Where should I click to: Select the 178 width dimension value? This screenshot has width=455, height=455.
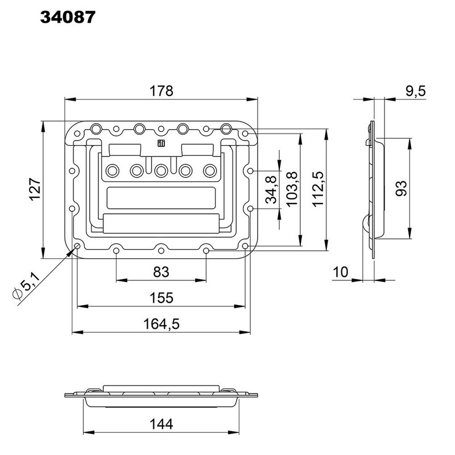click(162, 90)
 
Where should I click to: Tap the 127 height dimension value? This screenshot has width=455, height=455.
click(35, 189)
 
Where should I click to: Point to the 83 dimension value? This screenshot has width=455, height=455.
click(162, 272)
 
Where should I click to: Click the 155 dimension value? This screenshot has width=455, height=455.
click(162, 298)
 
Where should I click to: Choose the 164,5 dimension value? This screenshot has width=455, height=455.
click(162, 324)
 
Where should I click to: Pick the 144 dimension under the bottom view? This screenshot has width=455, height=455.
click(162, 424)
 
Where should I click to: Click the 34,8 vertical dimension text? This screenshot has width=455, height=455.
click(271, 189)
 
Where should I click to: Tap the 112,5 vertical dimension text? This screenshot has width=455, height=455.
click(317, 189)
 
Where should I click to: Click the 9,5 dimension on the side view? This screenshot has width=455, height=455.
click(416, 91)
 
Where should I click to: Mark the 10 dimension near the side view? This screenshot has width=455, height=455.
click(340, 272)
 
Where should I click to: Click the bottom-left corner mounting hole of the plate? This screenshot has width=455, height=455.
click(77, 246)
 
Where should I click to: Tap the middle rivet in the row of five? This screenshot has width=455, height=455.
click(162, 169)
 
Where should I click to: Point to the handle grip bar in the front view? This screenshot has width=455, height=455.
click(162, 224)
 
